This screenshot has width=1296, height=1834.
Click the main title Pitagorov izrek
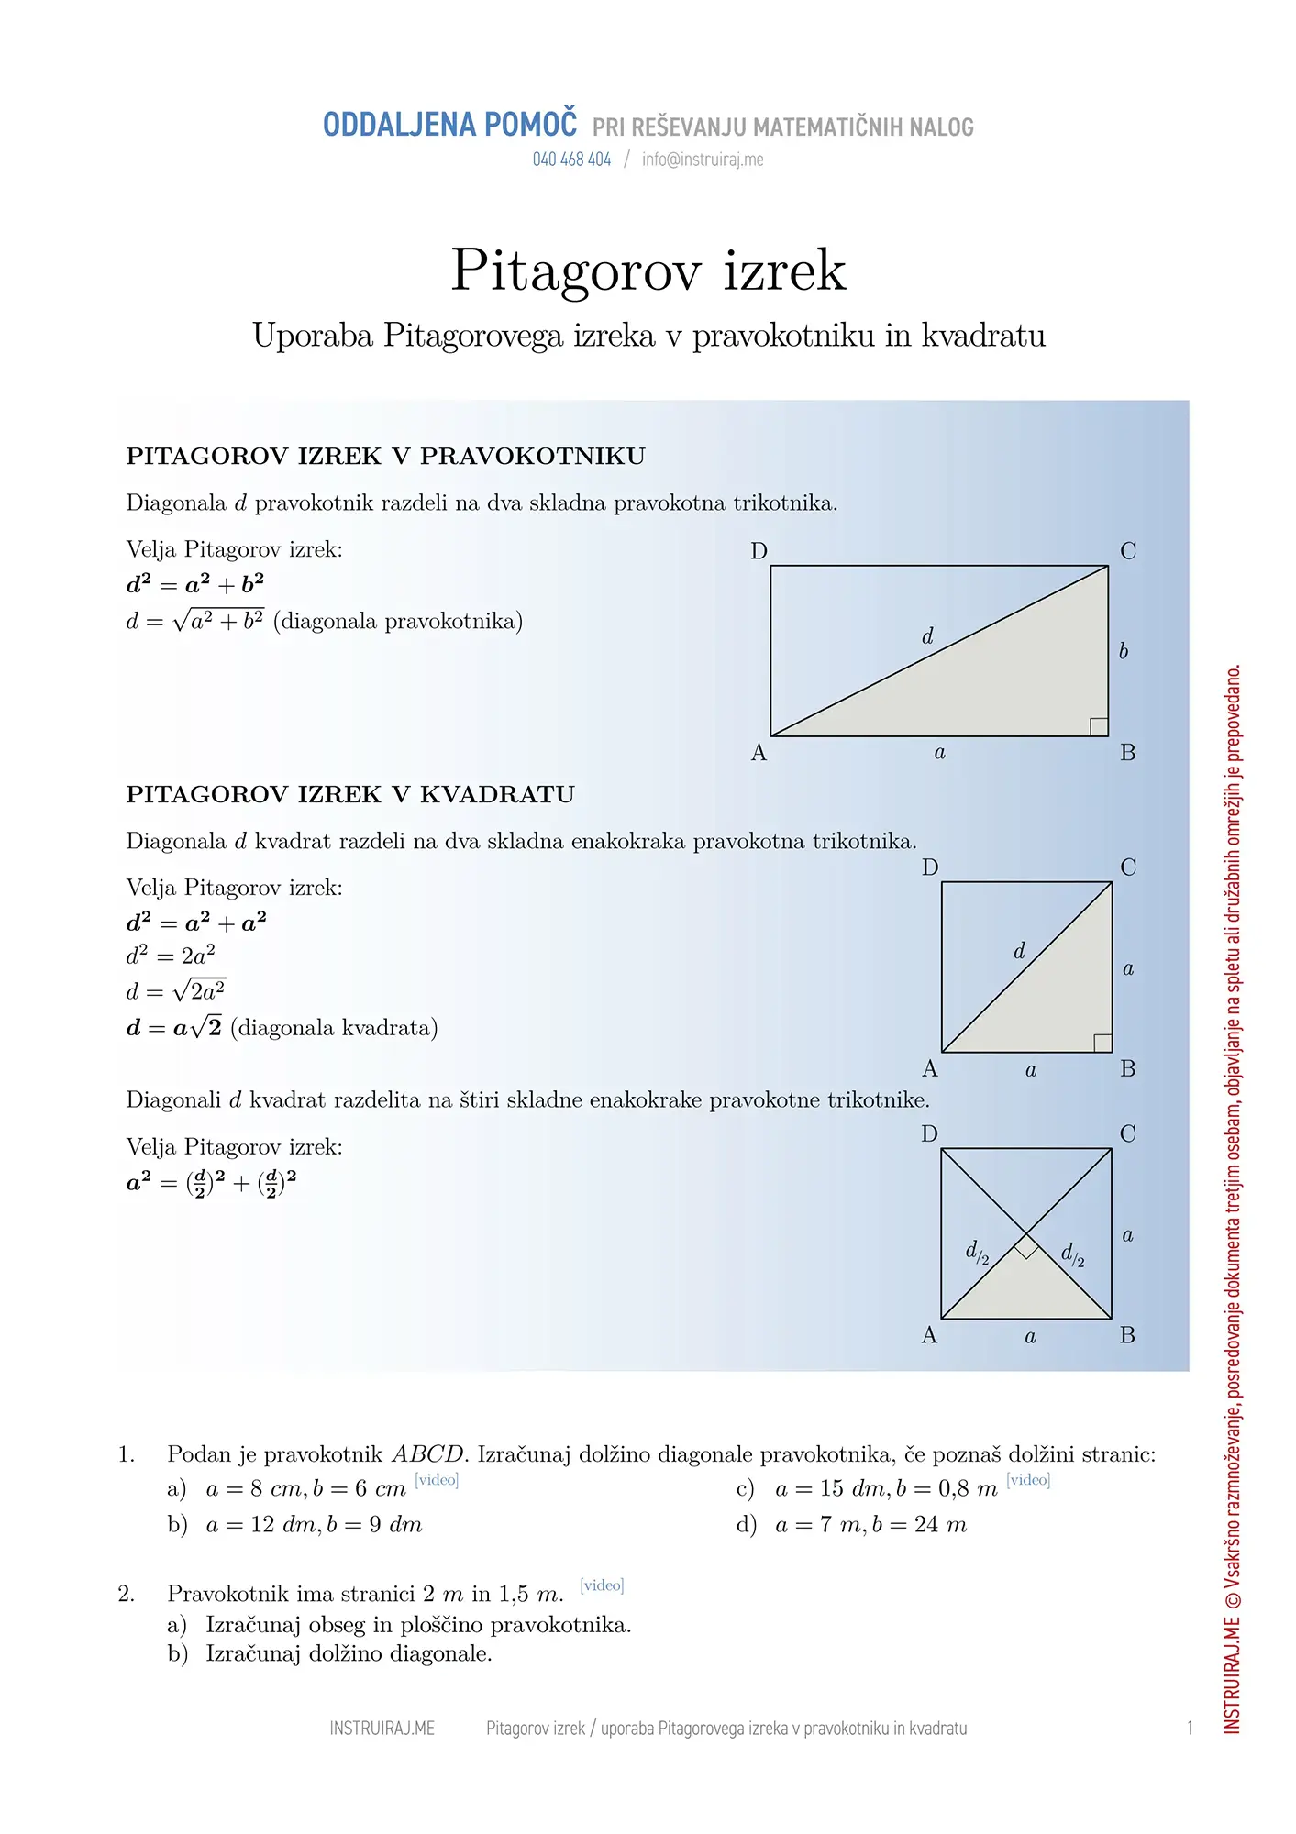[648, 271]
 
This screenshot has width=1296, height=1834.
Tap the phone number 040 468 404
[571, 160]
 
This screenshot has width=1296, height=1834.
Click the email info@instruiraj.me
[703, 160]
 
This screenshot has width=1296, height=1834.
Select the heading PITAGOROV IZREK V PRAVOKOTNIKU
[385, 457]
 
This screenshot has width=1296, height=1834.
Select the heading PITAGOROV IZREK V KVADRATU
[350, 795]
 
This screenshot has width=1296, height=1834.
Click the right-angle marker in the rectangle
[1098, 726]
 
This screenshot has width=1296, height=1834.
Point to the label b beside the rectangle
[1124, 651]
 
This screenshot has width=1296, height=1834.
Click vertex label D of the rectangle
[759, 551]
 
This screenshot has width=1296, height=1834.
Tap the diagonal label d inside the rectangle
[927, 636]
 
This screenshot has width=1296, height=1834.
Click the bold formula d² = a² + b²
[195, 584]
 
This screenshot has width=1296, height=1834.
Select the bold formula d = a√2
[174, 1028]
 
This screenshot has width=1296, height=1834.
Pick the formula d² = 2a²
[171, 956]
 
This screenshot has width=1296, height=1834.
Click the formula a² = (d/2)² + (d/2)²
[211, 1183]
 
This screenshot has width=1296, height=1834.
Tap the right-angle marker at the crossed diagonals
[1026, 1246]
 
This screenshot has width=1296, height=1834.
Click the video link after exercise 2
[602, 1585]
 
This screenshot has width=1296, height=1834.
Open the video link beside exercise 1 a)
[437, 1480]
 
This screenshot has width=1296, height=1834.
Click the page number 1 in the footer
[1190, 1729]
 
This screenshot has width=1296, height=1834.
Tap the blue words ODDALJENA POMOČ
[449, 126]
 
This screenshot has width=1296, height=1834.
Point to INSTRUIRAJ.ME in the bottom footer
[382, 1729]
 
